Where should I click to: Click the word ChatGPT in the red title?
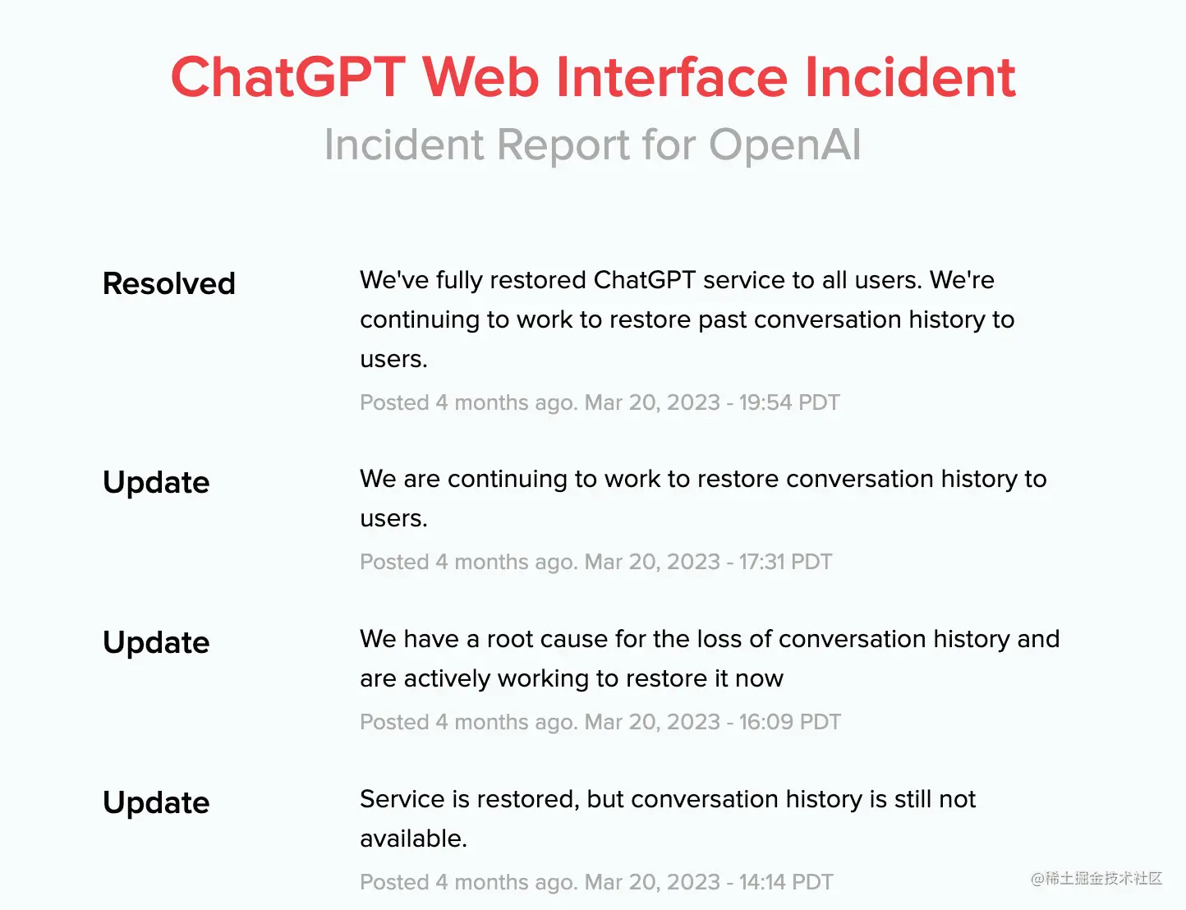(x=288, y=77)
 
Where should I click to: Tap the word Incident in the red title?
(x=910, y=77)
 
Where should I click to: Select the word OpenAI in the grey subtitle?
(x=785, y=145)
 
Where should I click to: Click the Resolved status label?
(x=169, y=283)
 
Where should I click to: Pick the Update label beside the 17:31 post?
(x=156, y=483)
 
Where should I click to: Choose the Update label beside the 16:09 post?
(x=156, y=643)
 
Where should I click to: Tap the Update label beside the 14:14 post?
(x=156, y=803)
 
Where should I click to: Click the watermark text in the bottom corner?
(x=1096, y=878)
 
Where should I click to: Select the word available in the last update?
(x=414, y=839)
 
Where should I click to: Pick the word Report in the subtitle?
(x=563, y=145)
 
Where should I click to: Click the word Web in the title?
(x=480, y=77)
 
